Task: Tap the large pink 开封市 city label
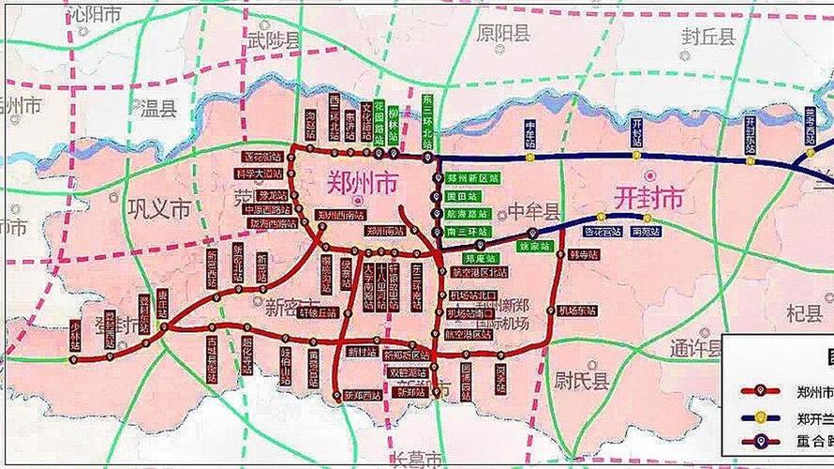[x=649, y=197]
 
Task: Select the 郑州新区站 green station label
[x=471, y=177]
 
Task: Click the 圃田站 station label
[x=462, y=196]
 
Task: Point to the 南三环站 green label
[x=466, y=231]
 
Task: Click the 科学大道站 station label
[x=259, y=174]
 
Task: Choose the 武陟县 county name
[x=274, y=40]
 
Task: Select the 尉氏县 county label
[x=578, y=380]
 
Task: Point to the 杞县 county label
[x=779, y=311]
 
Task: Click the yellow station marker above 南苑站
[x=647, y=218]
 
